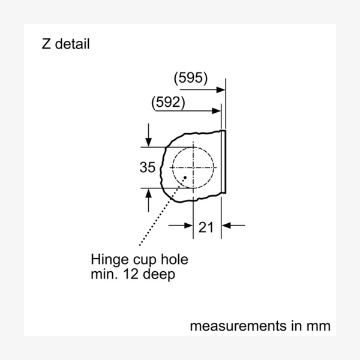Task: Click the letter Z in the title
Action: pyautogui.click(x=46, y=44)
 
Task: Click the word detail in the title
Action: pyautogui.click(x=72, y=44)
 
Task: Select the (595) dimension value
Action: pyautogui.click(x=190, y=78)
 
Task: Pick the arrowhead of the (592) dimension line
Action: pyautogui.click(x=217, y=110)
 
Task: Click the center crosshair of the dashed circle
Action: pyautogui.click(x=193, y=167)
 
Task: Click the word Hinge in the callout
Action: pyautogui.click(x=107, y=260)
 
